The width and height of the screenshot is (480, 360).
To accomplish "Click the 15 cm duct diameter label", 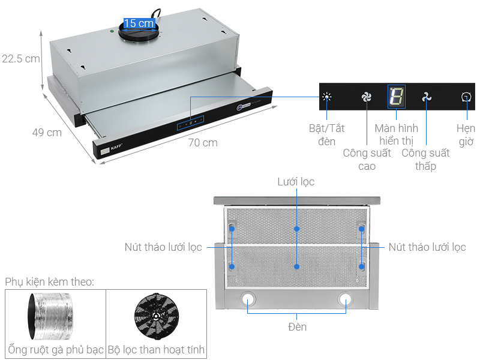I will pyautogui.click(x=139, y=23).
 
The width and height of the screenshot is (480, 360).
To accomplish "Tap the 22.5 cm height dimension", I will pyautogui.click(x=20, y=59).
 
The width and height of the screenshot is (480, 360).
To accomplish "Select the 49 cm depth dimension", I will pyautogui.click(x=47, y=133).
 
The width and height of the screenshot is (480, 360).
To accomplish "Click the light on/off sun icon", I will pyautogui.click(x=326, y=97).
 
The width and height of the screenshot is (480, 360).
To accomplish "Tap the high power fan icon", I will pyautogui.click(x=367, y=97).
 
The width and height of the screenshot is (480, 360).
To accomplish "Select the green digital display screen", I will pyautogui.click(x=396, y=97).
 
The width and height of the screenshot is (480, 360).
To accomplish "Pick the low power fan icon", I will pyautogui.click(x=426, y=97).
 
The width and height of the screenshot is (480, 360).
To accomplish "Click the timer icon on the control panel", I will pyautogui.click(x=466, y=97).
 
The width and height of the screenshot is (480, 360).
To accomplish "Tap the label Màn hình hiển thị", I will pyautogui.click(x=396, y=135).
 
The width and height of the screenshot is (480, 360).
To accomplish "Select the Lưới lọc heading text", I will pyautogui.click(x=296, y=181).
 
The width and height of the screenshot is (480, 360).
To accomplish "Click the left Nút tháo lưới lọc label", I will pyautogui.click(x=163, y=247).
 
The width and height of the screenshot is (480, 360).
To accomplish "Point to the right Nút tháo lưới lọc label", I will pyautogui.click(x=427, y=247).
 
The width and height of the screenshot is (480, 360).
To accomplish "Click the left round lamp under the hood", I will pyautogui.click(x=248, y=298).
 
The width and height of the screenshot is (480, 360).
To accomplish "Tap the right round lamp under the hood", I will pyautogui.click(x=346, y=298).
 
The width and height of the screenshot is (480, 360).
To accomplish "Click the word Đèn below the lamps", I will pyautogui.click(x=296, y=327).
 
